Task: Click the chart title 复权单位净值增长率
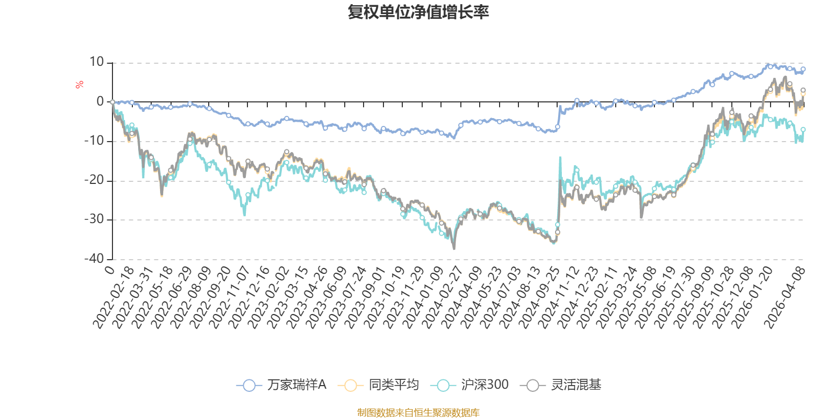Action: pos(418,12)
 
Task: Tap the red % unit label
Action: pos(80,85)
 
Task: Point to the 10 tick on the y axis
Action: pos(97,62)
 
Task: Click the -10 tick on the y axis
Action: pos(94,141)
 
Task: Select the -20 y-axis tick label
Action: pos(94,180)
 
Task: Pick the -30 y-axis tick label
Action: pos(94,219)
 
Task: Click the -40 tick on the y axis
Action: pos(94,259)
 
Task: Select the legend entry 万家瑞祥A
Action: pos(297,385)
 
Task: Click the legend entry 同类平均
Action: pos(393,385)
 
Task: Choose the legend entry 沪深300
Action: pos(484,385)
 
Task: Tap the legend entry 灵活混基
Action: pos(576,385)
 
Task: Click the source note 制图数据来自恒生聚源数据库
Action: pos(418,413)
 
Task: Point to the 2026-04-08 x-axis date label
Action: pos(785,297)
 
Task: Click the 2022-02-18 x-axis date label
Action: pos(114,297)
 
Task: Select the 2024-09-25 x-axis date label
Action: pos(540,297)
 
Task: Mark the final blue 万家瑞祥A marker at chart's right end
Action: pos(803,69)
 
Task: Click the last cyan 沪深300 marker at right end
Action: pos(803,129)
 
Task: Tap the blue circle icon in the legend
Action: pos(250,386)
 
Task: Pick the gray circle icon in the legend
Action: pos(533,386)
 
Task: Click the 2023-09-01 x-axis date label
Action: pos(366,297)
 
